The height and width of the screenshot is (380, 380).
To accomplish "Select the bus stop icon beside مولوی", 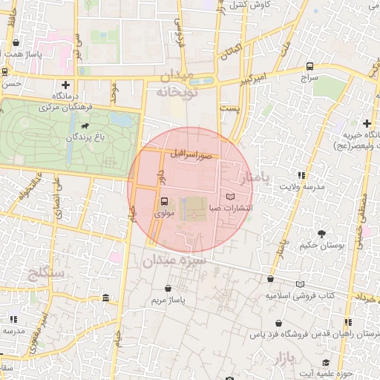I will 164,201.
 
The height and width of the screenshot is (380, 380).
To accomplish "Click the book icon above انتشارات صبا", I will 230,197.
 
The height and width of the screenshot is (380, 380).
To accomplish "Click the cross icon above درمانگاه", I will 67,85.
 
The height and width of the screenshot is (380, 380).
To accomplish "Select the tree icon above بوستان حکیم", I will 321,233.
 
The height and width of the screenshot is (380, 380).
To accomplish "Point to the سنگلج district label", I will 46,272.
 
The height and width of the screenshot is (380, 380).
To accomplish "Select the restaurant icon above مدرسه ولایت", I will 301,175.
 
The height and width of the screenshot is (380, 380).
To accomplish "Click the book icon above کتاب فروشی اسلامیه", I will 300,284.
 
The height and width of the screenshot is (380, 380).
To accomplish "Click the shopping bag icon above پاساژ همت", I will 16,43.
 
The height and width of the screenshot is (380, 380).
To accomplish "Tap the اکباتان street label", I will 232,52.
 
